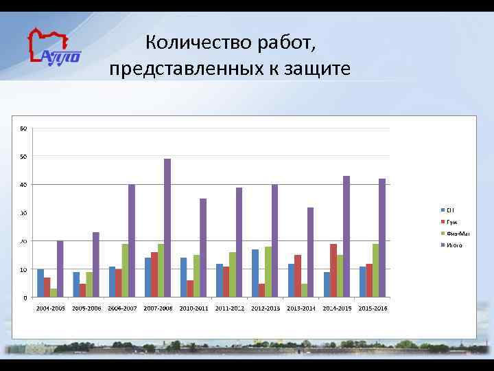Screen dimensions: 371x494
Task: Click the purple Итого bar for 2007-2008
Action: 167,228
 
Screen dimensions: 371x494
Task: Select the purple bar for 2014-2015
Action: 346,236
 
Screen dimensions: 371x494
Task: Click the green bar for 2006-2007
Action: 125,271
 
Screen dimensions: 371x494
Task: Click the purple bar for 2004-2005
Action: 60,269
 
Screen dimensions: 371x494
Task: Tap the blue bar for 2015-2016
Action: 362,282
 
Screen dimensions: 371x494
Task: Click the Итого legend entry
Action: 454,245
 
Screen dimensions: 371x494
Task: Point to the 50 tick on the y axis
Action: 24,157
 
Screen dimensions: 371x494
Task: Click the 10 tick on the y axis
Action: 24,269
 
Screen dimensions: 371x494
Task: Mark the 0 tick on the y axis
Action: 25,297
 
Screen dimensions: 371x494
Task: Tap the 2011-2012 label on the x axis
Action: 229,308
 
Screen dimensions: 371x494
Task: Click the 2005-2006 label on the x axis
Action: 86,308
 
